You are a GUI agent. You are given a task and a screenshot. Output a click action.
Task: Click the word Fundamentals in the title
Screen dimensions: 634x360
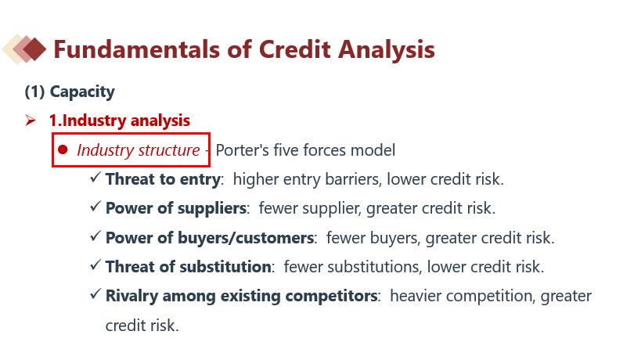coord(137,49)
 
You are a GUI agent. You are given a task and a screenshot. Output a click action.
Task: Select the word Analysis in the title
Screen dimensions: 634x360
coord(387,51)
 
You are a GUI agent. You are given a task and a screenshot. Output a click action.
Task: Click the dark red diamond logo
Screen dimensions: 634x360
coord(34,49)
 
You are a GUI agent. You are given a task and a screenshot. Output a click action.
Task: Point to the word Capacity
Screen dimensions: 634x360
coord(82,92)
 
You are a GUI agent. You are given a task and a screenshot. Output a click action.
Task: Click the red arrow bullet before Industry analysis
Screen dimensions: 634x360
coord(31,121)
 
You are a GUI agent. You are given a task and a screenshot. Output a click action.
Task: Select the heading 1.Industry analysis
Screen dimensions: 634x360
coord(119,121)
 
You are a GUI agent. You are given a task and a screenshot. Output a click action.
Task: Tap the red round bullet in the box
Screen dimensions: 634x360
coord(63,149)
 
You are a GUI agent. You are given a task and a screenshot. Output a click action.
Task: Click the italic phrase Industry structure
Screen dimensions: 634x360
coord(139,150)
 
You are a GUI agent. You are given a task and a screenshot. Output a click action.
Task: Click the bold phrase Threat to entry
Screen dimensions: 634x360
coord(163,179)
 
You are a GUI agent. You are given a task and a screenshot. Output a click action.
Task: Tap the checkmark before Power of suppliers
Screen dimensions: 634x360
coord(95,207)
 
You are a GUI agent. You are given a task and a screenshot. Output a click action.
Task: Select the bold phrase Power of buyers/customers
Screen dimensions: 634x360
coord(210,238)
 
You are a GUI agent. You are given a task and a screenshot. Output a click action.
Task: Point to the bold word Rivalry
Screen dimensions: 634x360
coord(131,297)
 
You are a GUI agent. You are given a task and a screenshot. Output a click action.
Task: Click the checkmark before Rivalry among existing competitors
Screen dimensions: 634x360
coord(95,294)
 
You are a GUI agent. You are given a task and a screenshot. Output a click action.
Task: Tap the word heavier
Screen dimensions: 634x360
coord(416,296)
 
